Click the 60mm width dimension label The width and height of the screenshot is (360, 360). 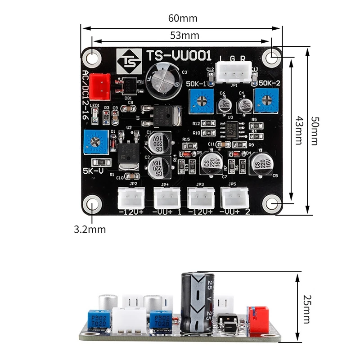tap(183, 18)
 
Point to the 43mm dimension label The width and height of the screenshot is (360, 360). tap(297, 131)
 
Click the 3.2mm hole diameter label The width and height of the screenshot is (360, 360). tap(90, 229)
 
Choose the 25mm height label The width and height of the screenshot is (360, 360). tap(306, 309)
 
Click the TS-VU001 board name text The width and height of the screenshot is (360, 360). tap(179, 56)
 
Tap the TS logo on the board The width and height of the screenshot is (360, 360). tap(129, 61)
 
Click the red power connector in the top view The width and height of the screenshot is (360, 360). tap(100, 86)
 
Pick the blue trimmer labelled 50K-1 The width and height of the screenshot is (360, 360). tap(202, 101)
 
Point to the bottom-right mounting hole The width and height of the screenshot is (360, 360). tap(272, 204)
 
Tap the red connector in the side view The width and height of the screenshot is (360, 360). tap(258, 320)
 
